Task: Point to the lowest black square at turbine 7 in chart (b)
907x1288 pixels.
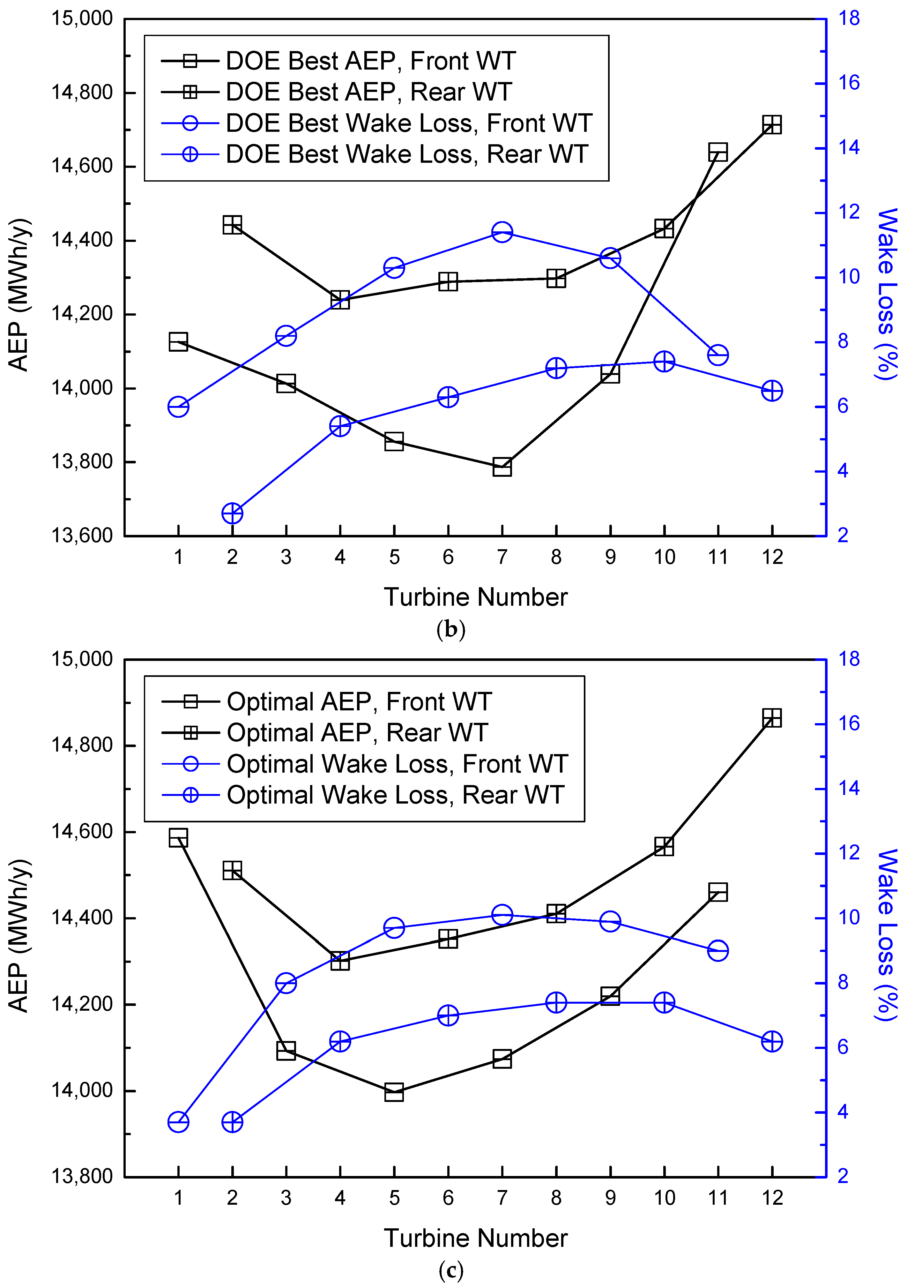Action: click(x=502, y=467)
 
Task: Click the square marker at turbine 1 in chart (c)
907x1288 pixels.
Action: click(x=178, y=838)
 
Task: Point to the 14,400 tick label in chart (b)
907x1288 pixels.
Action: click(x=82, y=240)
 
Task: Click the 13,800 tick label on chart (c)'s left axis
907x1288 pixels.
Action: click(x=82, y=1176)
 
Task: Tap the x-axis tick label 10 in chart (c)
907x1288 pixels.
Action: click(x=665, y=1198)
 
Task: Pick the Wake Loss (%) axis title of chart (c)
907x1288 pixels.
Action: click(x=887, y=935)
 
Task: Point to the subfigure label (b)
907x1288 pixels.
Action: click(x=451, y=629)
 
